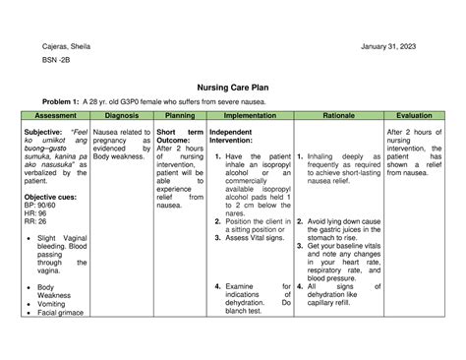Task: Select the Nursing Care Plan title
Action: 231,87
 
